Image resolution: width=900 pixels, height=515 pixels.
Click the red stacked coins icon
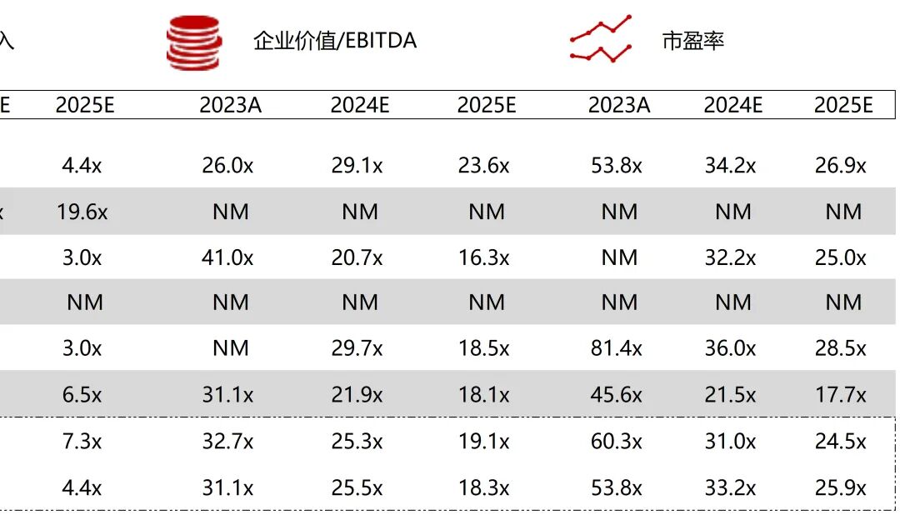[x=193, y=42]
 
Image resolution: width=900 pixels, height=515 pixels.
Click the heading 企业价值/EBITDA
[x=334, y=40]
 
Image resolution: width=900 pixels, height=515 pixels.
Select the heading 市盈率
[x=692, y=40]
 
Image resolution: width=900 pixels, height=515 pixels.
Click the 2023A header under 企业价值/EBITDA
[x=230, y=105]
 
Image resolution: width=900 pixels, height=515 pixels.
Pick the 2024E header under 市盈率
[x=733, y=105]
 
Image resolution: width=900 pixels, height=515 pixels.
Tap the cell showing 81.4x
[x=617, y=347]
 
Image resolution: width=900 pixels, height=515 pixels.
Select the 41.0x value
[x=227, y=257]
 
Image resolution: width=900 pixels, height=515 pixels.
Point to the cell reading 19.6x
[x=82, y=212]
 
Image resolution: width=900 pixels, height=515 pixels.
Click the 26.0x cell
[x=227, y=166]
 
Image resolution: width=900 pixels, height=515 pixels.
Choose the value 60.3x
[x=617, y=440]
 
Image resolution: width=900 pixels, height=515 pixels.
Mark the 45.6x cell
[x=617, y=393]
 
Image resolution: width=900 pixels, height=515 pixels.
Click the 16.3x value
[x=483, y=257]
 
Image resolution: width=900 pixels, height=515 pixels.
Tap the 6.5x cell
[x=82, y=393]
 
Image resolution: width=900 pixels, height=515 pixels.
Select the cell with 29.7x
[x=357, y=347]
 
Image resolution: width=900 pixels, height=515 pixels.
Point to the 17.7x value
[x=841, y=393]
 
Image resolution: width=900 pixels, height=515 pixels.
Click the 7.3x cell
[x=82, y=440]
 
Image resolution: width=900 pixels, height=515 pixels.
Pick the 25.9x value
[x=841, y=487]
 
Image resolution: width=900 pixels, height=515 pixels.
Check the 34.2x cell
[x=730, y=166]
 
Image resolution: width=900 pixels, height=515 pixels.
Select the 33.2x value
[x=730, y=487]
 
